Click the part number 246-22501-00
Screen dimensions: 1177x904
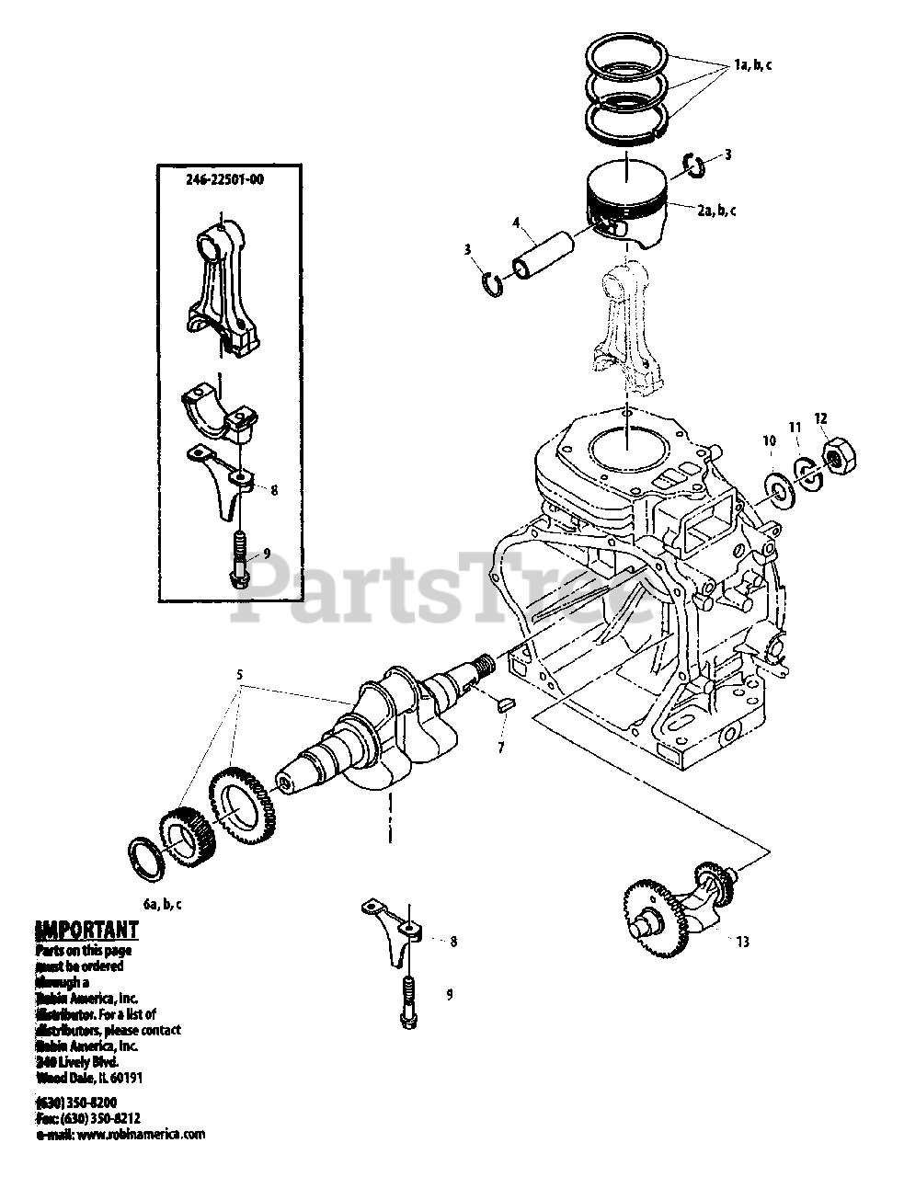tap(225, 180)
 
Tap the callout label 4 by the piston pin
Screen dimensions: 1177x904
tap(517, 223)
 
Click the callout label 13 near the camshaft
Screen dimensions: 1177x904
tap(742, 941)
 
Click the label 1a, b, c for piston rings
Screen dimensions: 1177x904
tap(753, 65)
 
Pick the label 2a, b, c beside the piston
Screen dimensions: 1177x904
tap(715, 211)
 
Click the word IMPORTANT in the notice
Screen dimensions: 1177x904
tap(86, 930)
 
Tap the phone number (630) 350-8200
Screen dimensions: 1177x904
tap(76, 1101)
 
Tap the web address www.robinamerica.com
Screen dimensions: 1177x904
tap(141, 1135)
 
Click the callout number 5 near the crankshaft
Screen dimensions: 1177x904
tap(239, 674)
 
